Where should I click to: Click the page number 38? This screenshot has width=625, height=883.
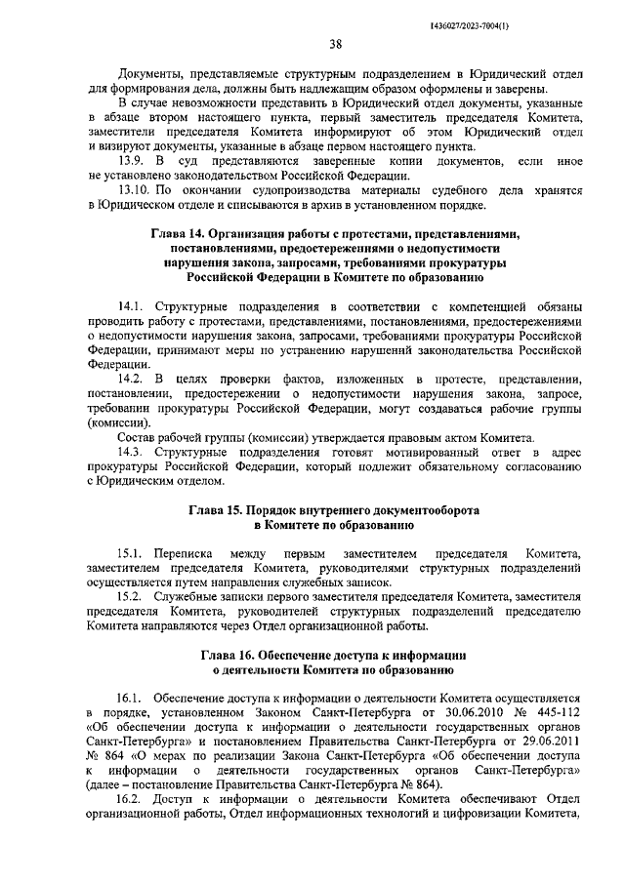(x=335, y=43)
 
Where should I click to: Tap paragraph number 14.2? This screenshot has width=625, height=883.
(x=131, y=378)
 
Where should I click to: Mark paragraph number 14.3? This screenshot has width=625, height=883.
(x=131, y=451)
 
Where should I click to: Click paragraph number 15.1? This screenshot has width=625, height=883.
(x=131, y=552)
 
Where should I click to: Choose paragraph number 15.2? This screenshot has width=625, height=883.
(x=131, y=595)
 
